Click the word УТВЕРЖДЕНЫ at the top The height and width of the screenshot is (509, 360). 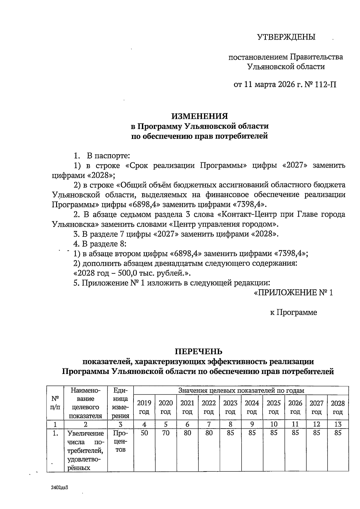[286, 37]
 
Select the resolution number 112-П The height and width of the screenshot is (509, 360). [326, 85]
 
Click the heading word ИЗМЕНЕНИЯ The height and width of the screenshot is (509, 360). [199, 116]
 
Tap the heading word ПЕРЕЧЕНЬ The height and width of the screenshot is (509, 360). [199, 351]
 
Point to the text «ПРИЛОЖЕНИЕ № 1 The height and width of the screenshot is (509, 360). [293, 293]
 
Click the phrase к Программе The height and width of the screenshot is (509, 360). [293, 312]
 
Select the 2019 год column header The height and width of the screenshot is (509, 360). [144, 407]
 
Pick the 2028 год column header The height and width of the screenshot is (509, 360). [338, 407]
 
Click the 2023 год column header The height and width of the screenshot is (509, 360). [230, 407]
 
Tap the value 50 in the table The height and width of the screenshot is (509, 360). [144, 433]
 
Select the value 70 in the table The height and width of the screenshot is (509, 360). [166, 433]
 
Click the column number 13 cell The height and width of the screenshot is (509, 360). [338, 424]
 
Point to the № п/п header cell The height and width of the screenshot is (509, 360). [55, 403]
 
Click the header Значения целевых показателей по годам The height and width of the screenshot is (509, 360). [241, 390]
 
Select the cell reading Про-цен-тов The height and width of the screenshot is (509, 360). [120, 441]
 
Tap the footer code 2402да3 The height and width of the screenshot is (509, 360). [60, 487]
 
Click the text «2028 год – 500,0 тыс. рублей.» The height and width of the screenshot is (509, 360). [132, 273]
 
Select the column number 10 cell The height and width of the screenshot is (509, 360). [274, 424]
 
